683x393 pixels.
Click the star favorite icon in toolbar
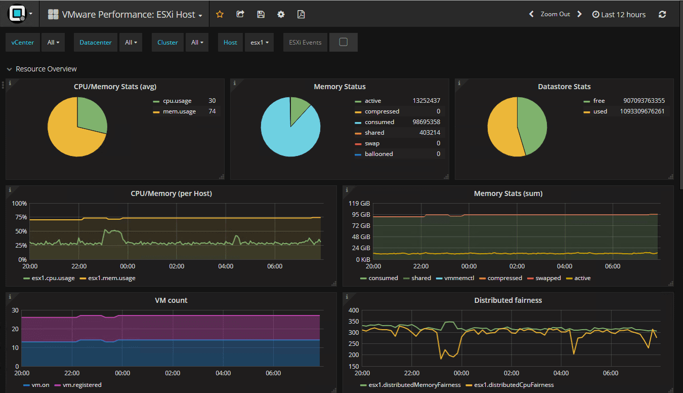point(220,15)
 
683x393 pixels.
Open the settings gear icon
point(281,15)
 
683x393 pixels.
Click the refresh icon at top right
point(662,15)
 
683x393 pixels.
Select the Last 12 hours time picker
point(619,15)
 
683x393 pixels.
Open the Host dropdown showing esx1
point(259,43)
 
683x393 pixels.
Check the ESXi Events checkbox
point(343,43)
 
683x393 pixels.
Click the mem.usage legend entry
point(179,111)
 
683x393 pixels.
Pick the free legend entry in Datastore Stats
point(599,101)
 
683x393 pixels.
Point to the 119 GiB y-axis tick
point(360,203)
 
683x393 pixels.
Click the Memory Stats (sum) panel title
point(508,193)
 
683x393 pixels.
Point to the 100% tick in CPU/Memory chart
point(19,204)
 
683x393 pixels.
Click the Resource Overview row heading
point(46,69)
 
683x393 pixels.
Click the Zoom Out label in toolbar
point(555,14)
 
